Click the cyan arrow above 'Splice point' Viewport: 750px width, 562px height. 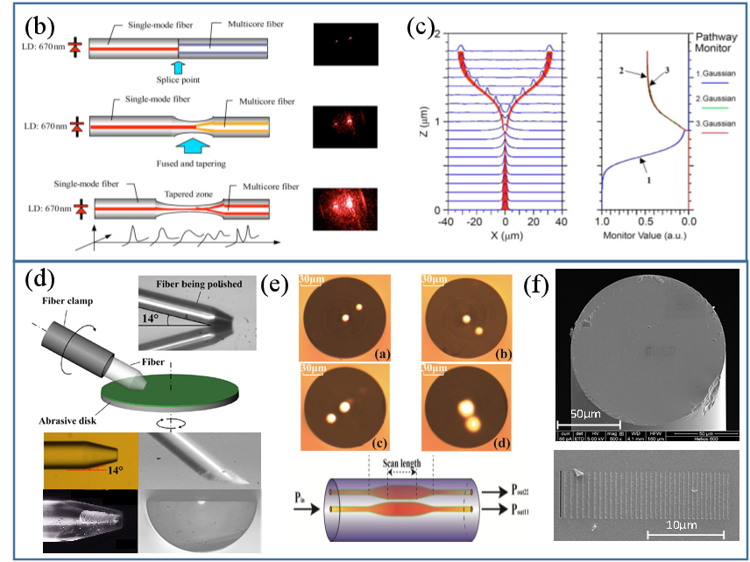[x=179, y=65]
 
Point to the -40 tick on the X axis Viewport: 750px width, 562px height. [x=446, y=222]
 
